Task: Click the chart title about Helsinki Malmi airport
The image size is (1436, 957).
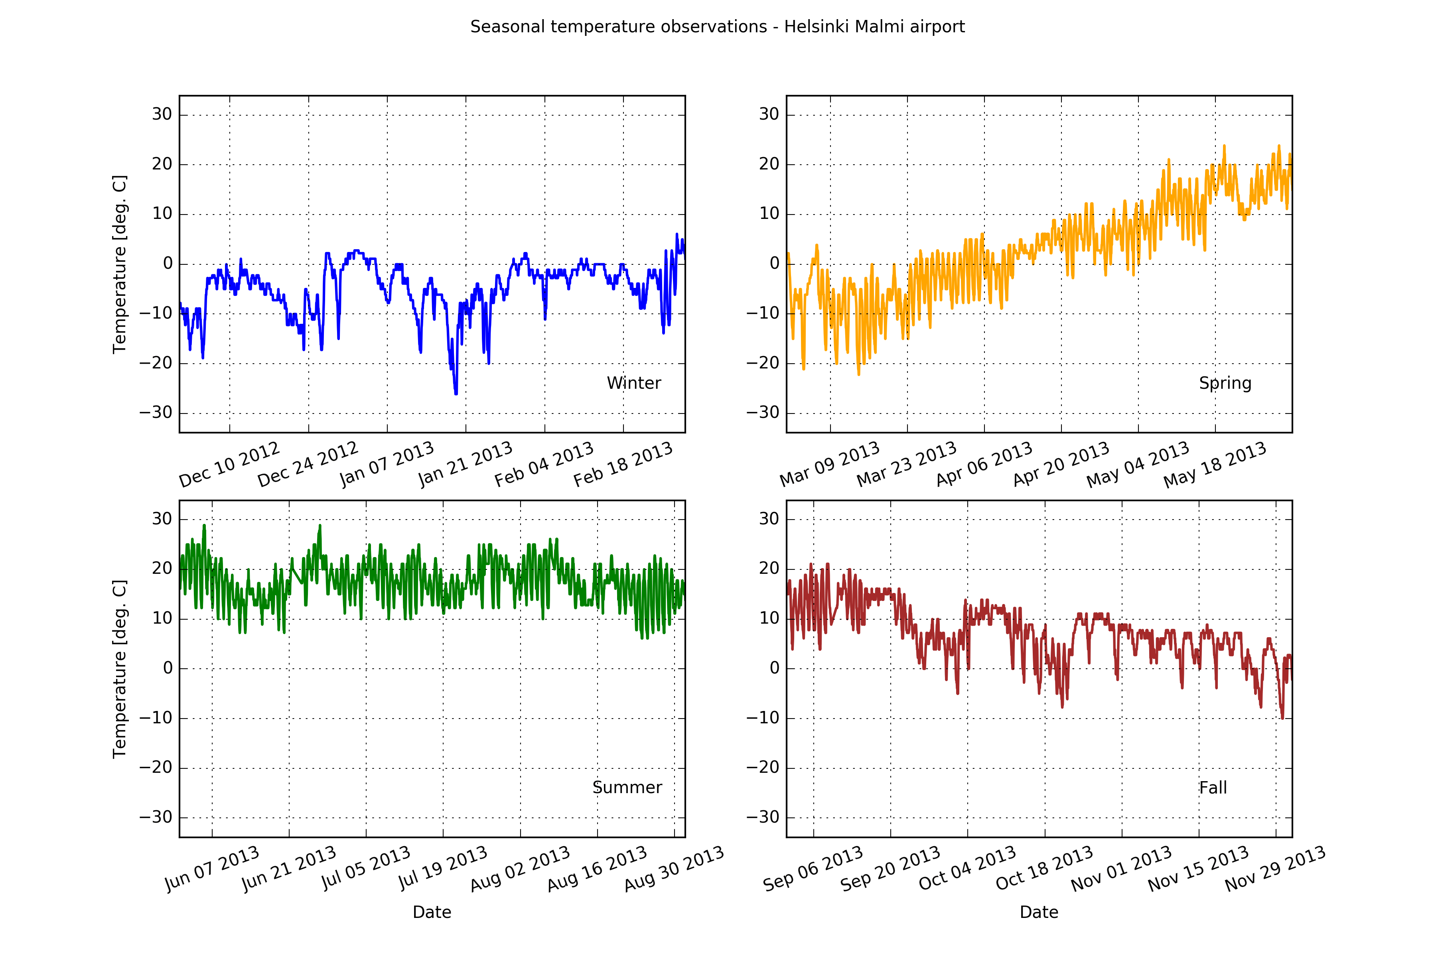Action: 717,27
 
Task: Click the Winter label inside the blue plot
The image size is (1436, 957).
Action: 634,383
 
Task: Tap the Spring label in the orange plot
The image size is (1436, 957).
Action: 1225,383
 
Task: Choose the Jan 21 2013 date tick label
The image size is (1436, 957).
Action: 465,465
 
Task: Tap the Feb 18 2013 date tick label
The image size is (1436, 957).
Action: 623,465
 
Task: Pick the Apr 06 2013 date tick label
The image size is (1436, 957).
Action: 984,465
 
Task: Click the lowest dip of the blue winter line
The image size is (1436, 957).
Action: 456,394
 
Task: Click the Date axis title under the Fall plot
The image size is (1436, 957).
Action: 1039,912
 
